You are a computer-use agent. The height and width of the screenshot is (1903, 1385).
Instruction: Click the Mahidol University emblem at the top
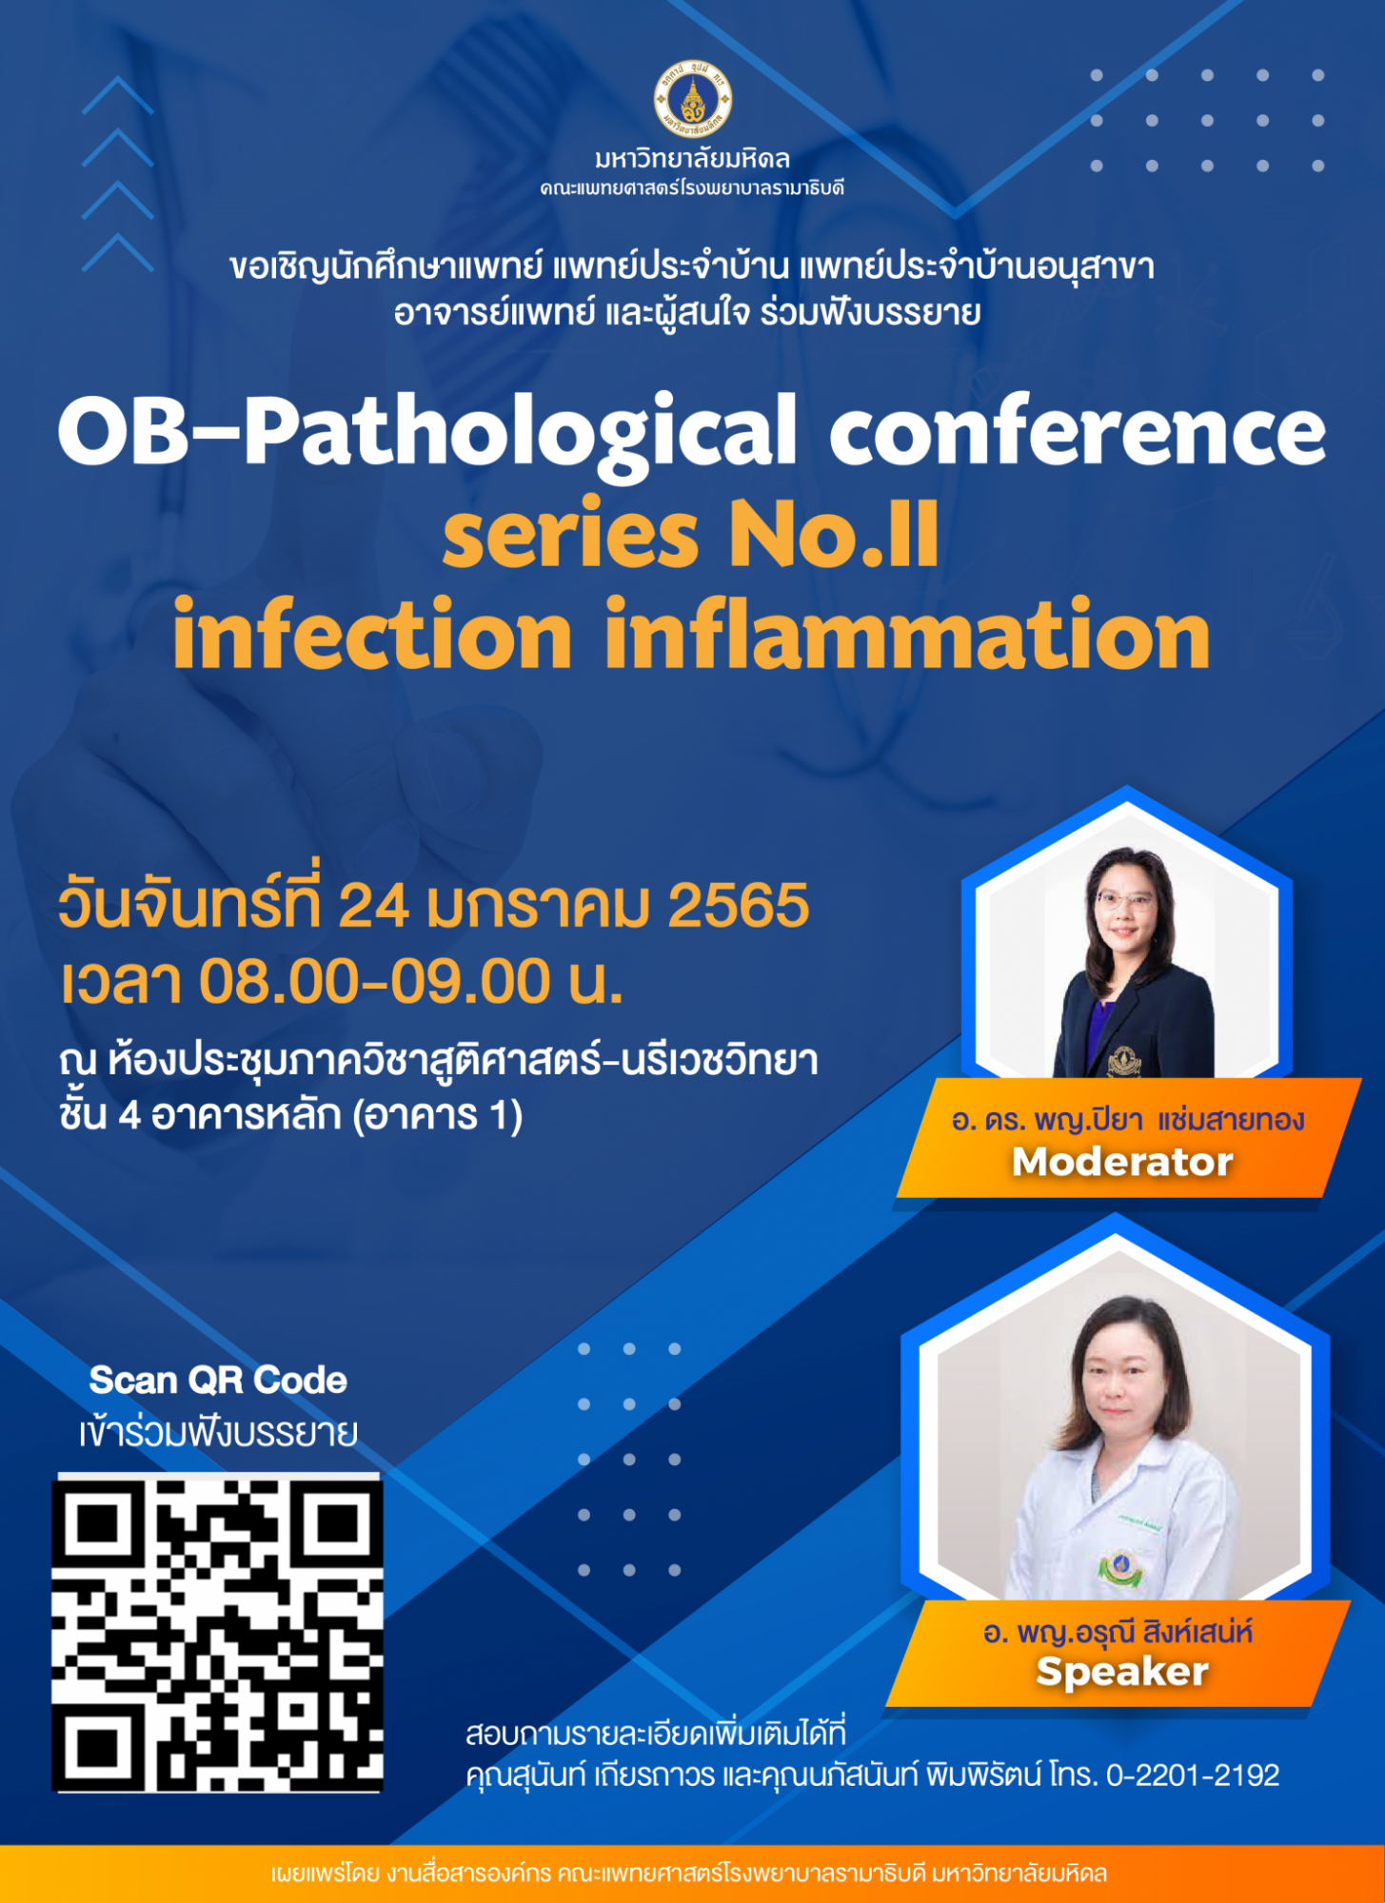pos(692,99)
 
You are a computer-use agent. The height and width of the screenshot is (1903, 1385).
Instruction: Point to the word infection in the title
pos(372,635)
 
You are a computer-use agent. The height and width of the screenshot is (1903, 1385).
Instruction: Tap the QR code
pos(217,1633)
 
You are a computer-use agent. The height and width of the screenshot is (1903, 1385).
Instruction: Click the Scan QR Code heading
pos(218,1380)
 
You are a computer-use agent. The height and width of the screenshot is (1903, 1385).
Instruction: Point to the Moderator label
pos(1122,1162)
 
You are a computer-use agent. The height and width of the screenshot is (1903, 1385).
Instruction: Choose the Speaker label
pos(1122,1672)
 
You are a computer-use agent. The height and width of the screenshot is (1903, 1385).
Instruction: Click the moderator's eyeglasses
pos(1125,900)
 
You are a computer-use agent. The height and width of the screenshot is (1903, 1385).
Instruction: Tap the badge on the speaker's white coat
pos(1120,1566)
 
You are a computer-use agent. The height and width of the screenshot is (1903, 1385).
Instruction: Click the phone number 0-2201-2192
pos(1193,1775)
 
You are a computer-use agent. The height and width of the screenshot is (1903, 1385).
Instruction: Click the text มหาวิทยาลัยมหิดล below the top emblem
pos(692,158)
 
